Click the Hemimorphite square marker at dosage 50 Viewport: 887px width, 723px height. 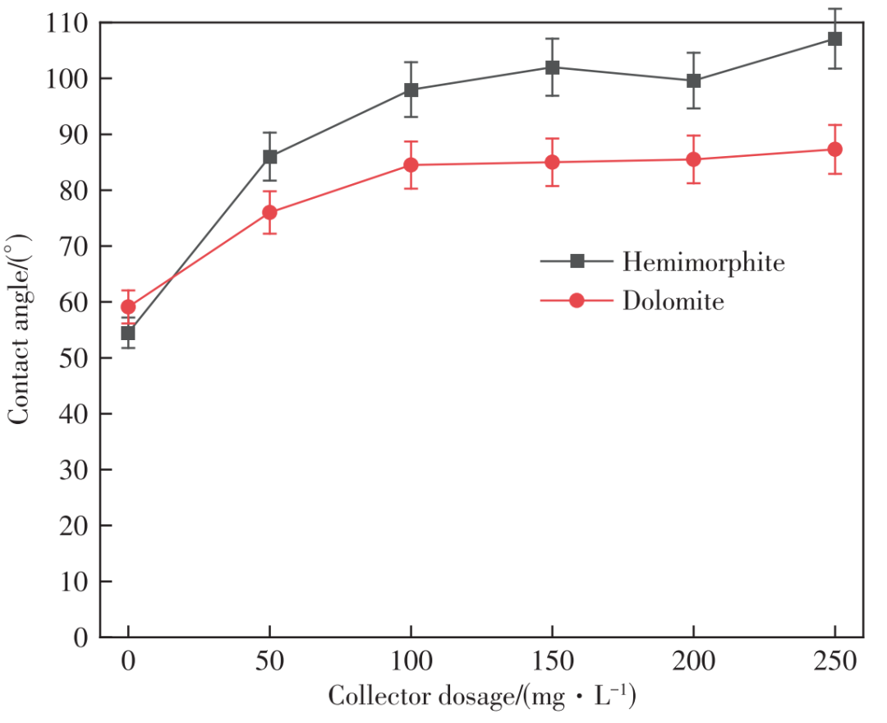(x=269, y=157)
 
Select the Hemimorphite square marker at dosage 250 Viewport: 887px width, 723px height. (x=834, y=39)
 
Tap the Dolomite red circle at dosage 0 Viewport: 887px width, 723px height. (x=128, y=307)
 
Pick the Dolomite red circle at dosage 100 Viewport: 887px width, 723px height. (x=411, y=165)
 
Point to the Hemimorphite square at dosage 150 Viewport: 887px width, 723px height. (x=552, y=67)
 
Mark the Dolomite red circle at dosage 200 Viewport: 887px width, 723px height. (x=693, y=159)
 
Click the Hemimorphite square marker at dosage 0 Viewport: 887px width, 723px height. (x=128, y=333)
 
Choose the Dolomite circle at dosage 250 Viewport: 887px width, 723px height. (x=834, y=150)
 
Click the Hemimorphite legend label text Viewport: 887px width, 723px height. (x=703, y=262)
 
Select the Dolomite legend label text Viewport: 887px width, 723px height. (x=673, y=301)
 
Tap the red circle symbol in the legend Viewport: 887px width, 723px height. (x=577, y=301)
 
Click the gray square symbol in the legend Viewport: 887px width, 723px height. (x=577, y=261)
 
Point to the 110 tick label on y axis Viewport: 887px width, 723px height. (x=68, y=23)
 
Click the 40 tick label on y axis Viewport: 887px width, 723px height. (x=75, y=414)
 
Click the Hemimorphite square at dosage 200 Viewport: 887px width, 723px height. (x=693, y=81)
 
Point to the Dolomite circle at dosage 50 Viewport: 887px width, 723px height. (x=269, y=213)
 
